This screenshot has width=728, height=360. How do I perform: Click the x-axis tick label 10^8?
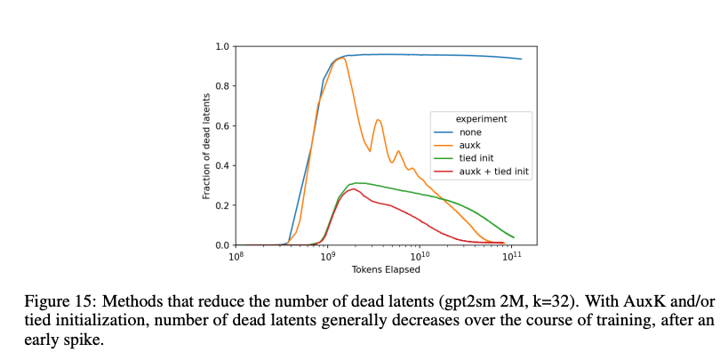coord(236,256)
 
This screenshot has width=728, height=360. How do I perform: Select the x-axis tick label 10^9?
coord(327,256)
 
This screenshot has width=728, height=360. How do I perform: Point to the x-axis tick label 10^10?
coord(419,256)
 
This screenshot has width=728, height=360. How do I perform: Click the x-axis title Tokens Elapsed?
coord(386,269)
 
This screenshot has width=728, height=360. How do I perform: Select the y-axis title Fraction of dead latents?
coord(206,146)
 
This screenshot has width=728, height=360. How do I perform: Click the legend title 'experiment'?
coord(481,119)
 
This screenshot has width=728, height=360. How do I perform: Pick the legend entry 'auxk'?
coord(472,145)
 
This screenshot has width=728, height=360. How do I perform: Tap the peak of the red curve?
coord(353,188)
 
